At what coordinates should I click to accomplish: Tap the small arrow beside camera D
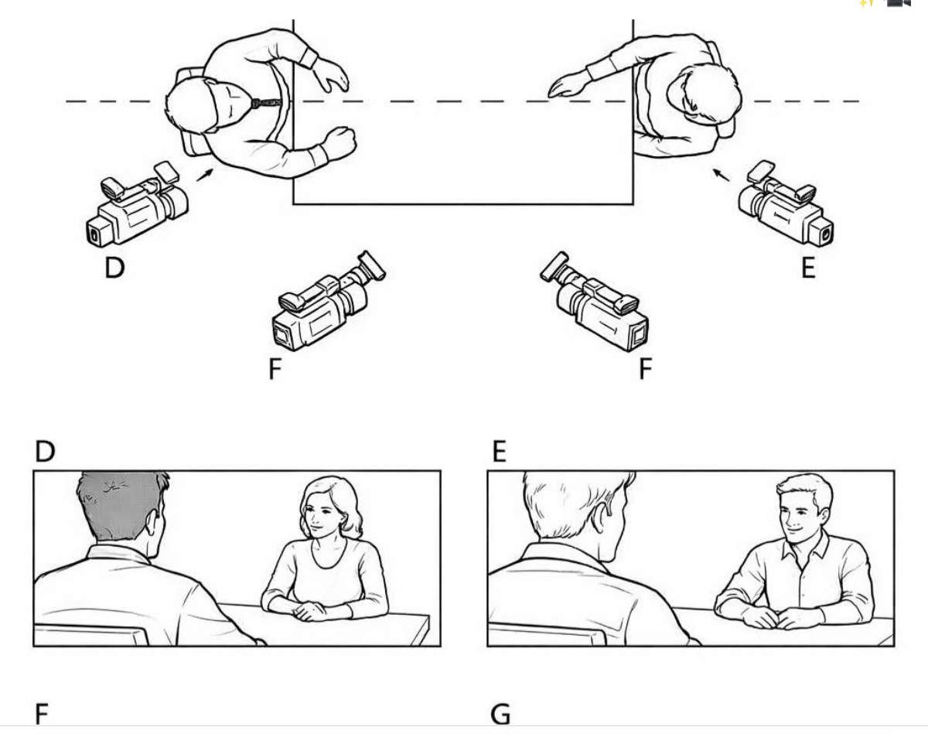click(203, 176)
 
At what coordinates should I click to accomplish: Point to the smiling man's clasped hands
click(777, 617)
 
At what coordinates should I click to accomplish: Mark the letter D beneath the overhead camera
click(114, 268)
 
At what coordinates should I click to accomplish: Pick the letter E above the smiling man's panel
click(499, 451)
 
